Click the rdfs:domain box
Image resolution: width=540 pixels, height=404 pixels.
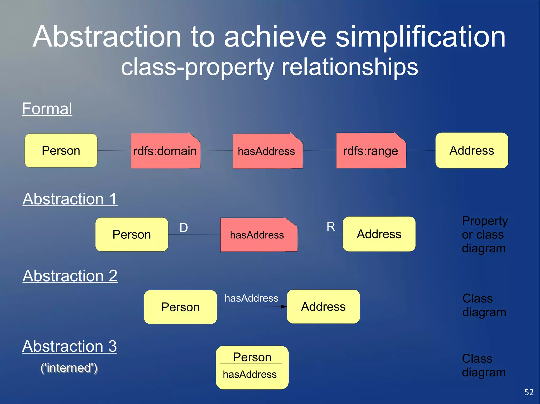[x=166, y=151]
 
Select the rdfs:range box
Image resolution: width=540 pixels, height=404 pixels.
[x=371, y=151]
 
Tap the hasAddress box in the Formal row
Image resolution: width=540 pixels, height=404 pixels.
[x=267, y=151]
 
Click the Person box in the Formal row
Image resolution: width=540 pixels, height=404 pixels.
[x=61, y=151]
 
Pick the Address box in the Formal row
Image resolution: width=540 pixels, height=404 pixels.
[x=472, y=151]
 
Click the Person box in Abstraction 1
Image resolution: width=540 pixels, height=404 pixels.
[x=132, y=235]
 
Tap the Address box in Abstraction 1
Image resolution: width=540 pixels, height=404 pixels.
[x=379, y=234]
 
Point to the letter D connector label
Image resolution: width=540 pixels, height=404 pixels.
[x=184, y=228]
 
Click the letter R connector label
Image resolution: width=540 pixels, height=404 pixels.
[x=331, y=227]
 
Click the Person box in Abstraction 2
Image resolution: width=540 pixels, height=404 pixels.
[x=180, y=307]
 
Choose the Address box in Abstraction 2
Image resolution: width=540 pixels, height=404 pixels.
[x=323, y=307]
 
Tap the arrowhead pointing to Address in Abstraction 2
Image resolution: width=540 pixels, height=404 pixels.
[x=284, y=307]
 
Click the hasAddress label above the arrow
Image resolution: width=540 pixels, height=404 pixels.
[x=251, y=298]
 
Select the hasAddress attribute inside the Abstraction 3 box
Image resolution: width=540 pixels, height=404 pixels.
[x=250, y=374]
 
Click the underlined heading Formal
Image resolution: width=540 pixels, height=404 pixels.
[x=47, y=109]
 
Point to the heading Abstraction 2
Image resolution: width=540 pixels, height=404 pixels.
[x=70, y=276]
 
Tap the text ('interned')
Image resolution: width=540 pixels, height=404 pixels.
[x=69, y=368]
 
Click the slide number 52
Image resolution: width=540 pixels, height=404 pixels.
[x=529, y=392]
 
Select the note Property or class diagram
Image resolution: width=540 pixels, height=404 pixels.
[x=484, y=235]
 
